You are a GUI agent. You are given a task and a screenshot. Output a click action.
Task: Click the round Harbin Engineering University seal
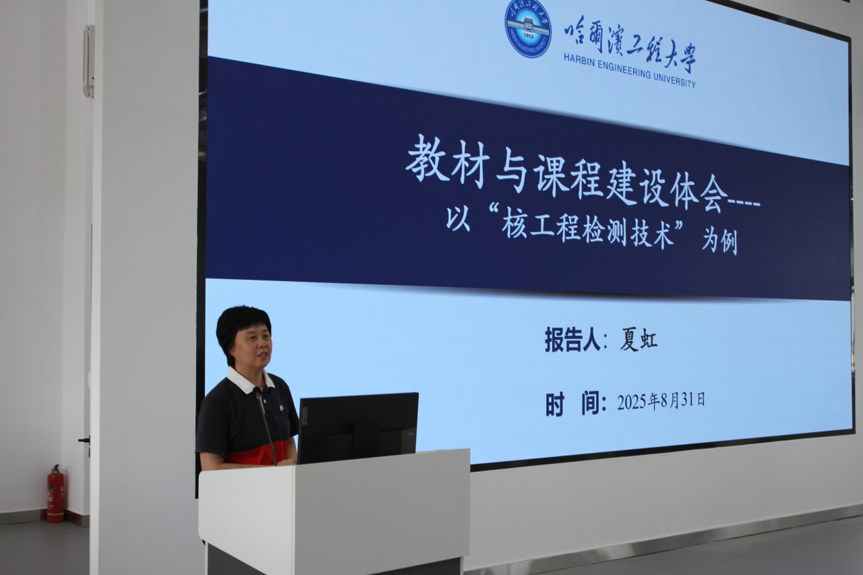pos(528,28)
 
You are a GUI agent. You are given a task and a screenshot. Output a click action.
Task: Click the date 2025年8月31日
pos(661,402)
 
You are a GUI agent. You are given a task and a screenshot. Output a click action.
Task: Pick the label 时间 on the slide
pos(574,404)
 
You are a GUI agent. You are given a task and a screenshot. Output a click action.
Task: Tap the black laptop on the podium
pos(357,427)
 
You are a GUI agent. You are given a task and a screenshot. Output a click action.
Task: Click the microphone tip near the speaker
pos(257,392)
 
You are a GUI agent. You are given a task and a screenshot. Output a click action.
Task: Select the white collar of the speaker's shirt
pos(250,380)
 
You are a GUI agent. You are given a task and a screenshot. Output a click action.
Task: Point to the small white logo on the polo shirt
pos(282,407)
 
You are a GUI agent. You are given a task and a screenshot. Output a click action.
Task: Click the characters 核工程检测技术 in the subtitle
pos(587,231)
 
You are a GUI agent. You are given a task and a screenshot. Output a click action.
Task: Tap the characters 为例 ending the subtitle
pos(719,243)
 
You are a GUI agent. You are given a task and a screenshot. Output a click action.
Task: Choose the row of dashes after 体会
pos(744,204)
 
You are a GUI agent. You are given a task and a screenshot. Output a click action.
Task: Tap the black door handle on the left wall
pos(84,440)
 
